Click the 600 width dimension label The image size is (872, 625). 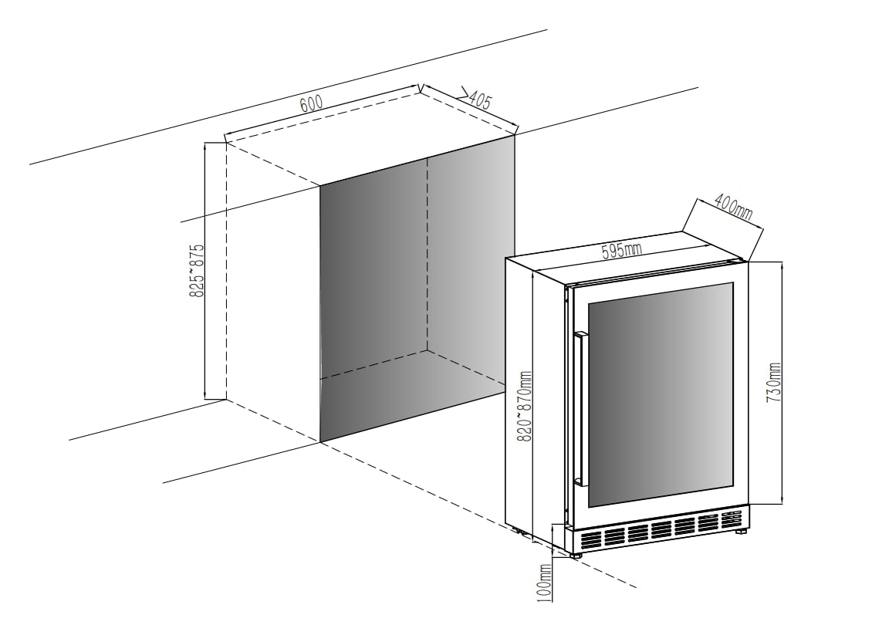(311, 103)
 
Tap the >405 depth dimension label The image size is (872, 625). (476, 98)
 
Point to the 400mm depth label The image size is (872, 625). (732, 206)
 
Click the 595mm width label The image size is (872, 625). (621, 251)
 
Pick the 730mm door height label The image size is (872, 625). (774, 381)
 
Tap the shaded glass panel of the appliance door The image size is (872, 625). (661, 394)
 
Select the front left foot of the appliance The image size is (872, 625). (575, 552)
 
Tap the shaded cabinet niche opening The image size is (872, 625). (417, 293)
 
